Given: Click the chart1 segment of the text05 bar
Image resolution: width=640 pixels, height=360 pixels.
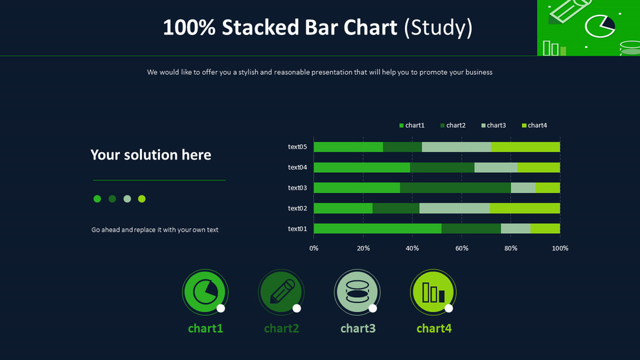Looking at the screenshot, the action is click(348, 147).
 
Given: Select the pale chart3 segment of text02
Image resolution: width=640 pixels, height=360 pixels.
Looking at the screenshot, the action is click(455, 208).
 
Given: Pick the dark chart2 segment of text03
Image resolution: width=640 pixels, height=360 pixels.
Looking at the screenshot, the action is click(455, 188).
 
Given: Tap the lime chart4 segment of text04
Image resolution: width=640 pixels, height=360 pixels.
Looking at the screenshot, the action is click(539, 167).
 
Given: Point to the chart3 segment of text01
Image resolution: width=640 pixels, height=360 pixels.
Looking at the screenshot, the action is click(516, 229).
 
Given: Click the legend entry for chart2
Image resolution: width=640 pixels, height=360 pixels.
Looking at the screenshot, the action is click(453, 126).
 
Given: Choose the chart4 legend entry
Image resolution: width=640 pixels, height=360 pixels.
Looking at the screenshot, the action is click(534, 126).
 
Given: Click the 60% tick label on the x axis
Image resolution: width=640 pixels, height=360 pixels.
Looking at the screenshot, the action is click(462, 248).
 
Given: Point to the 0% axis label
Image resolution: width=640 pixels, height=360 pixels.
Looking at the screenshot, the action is click(314, 248).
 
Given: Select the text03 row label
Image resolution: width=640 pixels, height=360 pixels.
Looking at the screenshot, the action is click(297, 188).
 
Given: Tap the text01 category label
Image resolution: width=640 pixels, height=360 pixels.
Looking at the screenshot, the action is click(297, 229).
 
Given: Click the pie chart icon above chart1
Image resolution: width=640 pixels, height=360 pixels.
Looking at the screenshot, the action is click(205, 292).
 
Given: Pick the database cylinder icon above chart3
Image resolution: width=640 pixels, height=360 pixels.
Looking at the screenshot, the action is click(357, 291).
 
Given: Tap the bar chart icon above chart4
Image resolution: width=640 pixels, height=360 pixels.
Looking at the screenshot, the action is click(433, 292).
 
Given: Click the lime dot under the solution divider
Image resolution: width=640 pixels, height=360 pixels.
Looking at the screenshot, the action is click(142, 199).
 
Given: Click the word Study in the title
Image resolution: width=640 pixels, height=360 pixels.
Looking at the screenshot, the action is click(439, 27).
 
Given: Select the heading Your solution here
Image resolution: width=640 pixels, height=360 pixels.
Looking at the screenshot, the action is click(151, 155).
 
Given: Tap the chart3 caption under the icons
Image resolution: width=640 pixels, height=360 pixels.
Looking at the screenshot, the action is click(358, 328).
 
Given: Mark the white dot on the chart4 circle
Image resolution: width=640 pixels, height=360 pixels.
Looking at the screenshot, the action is click(448, 308).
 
